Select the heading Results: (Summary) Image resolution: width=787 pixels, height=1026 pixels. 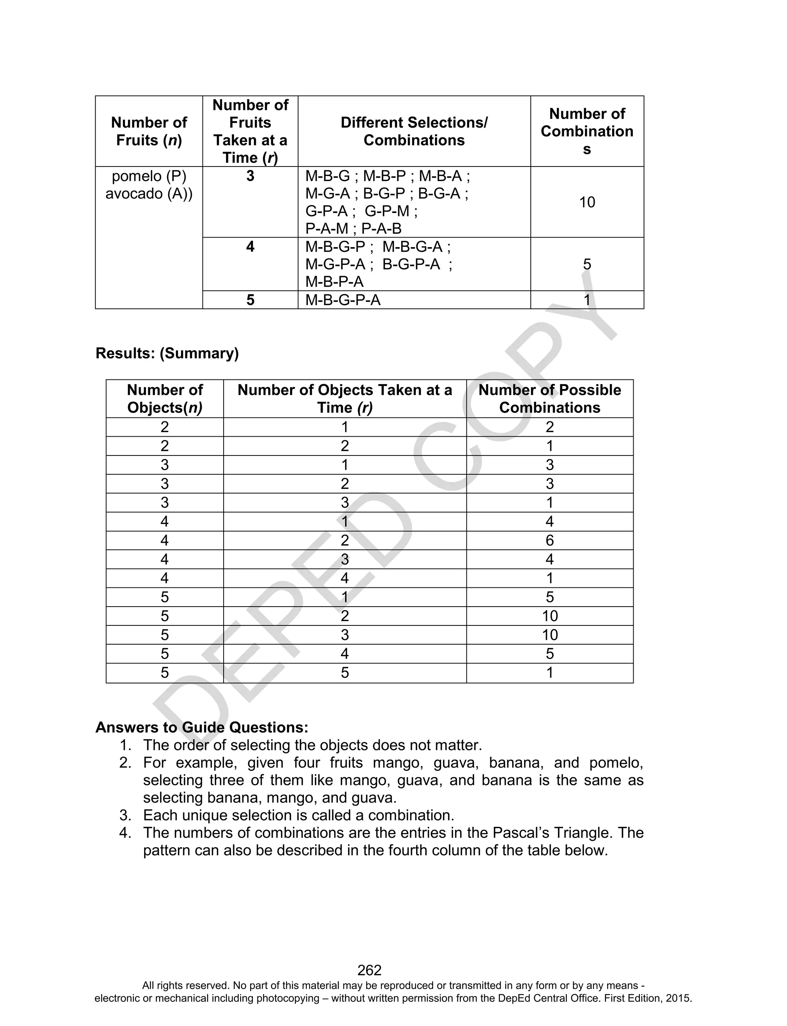pos(167,353)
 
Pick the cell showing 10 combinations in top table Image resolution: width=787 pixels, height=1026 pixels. pos(586,202)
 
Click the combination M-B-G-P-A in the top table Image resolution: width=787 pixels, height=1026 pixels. pos(342,300)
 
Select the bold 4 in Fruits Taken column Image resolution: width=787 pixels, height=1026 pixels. pos(250,246)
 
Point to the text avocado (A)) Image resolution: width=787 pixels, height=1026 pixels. pos(149,193)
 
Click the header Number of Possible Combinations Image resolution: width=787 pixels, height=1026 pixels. pos(550,398)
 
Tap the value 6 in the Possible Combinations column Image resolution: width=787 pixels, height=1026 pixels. pos(550,540)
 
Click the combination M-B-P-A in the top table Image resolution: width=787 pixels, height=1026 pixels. pos(334,281)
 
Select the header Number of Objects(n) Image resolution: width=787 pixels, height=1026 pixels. pos(164,398)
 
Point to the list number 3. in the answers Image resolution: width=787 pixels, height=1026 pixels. pos(125,815)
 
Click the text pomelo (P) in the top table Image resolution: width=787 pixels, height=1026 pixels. pos(149,176)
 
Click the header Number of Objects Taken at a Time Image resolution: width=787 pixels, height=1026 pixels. pos(344,398)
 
